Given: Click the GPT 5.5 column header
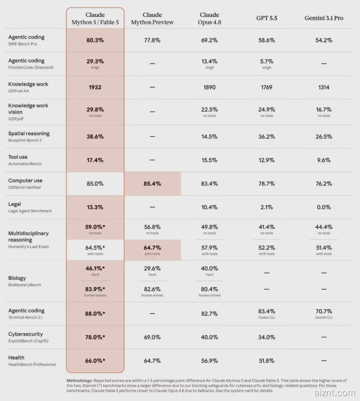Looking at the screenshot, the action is pos(267,18).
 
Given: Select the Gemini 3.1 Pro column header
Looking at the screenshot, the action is pos(323,18).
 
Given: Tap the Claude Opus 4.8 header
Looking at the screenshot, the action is pos(209,18).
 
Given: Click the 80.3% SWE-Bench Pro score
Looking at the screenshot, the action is pos(95,40).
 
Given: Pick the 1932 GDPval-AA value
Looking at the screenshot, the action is pos(95,87).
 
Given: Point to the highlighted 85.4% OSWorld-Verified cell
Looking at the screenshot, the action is pos(153,183).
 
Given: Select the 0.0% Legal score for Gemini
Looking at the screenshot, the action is pos(323,207).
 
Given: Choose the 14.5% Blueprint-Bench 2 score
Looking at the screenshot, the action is pos(209,137).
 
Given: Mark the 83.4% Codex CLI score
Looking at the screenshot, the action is pos(267,314).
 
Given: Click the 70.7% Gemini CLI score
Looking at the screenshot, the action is pos(323,314).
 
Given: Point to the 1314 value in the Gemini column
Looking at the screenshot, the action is pos(323,87).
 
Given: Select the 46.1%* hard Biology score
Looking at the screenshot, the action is pos(95,271).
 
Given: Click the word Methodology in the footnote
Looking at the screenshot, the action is pos(79,381).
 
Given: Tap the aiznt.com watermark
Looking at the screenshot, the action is pos(335,393).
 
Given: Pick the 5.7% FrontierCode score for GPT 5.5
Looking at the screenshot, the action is pos(267,64).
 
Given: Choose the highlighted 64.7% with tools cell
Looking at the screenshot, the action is pos(153,250).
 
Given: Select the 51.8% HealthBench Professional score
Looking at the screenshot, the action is pos(267,361).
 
